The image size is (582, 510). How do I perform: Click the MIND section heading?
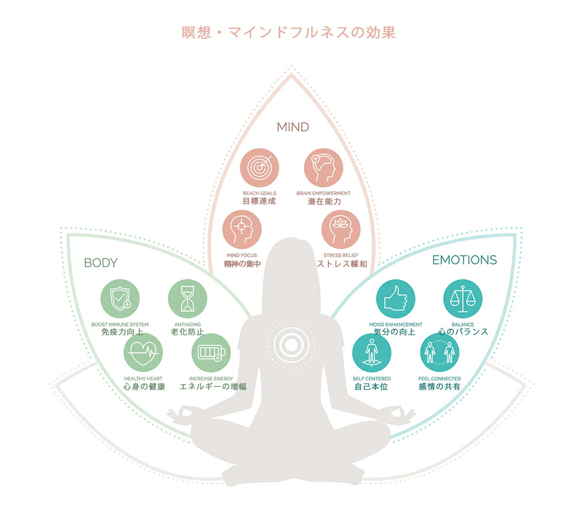click(292, 127)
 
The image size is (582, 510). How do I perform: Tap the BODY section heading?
click(100, 263)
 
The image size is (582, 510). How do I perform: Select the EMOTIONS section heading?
click(464, 260)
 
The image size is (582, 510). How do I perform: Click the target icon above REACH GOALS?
click(259, 168)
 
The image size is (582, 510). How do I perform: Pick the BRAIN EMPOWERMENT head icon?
click(323, 168)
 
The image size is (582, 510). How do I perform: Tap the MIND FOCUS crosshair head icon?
click(242, 229)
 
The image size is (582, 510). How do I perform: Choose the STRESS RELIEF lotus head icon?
click(340, 229)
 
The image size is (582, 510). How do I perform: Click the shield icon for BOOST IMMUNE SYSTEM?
click(120, 299)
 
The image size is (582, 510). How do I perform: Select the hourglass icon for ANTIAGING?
click(187, 299)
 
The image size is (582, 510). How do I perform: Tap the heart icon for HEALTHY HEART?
click(143, 352)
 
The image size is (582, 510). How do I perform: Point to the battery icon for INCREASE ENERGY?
click(211, 352)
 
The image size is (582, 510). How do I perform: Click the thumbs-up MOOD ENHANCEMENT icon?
click(396, 299)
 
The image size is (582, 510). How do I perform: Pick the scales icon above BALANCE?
click(463, 299)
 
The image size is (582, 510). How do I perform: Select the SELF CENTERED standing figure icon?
click(372, 352)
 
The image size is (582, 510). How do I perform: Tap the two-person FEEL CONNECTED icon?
click(439, 352)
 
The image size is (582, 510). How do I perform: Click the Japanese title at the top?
click(289, 32)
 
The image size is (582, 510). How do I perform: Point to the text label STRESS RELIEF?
click(340, 255)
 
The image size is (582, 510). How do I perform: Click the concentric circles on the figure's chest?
click(291, 345)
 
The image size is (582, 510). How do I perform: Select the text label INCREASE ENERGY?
click(211, 379)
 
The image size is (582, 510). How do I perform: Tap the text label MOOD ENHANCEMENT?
click(396, 324)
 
